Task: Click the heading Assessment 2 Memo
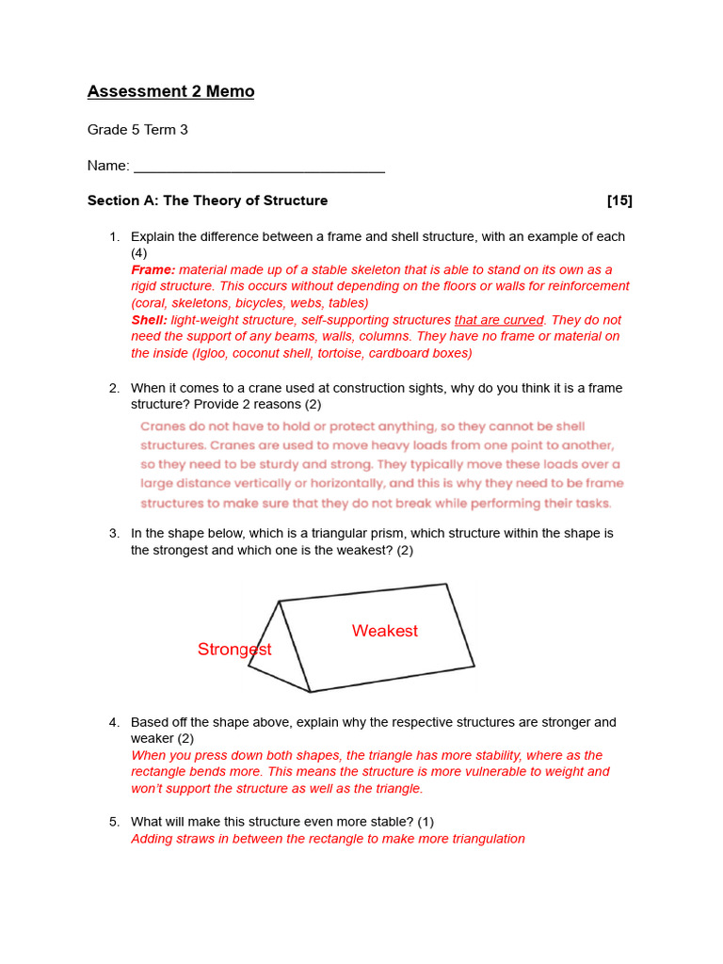coord(170,91)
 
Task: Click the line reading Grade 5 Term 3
coord(137,130)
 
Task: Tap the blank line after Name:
coord(259,167)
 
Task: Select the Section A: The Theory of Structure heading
coord(207,201)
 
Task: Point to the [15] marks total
coord(619,201)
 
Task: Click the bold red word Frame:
coord(153,270)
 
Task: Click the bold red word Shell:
coord(150,320)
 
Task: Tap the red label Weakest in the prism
coord(385,631)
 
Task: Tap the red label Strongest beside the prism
coord(234,650)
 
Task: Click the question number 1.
coord(113,237)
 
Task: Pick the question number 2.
coord(113,388)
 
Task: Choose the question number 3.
coord(113,534)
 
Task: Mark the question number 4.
coord(113,723)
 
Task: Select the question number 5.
coord(113,822)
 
